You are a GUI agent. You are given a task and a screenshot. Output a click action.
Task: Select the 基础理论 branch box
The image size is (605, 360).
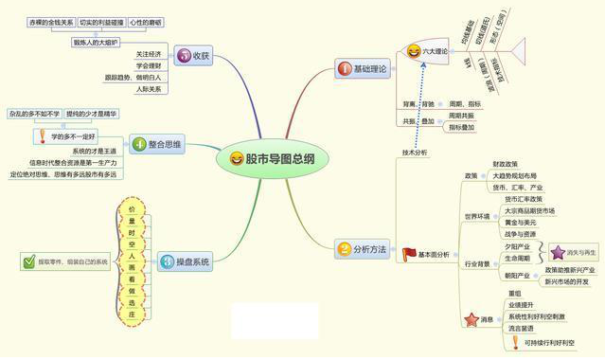coord(362,69)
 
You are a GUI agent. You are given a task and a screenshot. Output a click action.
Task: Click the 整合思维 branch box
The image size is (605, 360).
coord(159,145)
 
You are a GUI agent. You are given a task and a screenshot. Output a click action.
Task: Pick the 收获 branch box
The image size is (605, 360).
coord(193,56)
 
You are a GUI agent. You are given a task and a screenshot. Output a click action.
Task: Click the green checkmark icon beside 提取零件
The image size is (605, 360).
coord(29,261)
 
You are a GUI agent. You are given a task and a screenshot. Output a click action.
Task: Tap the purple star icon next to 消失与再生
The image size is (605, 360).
coord(558,253)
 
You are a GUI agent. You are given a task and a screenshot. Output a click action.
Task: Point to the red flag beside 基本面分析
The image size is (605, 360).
coord(408,254)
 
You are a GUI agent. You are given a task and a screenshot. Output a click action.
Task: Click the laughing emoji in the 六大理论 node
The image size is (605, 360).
coord(414,51)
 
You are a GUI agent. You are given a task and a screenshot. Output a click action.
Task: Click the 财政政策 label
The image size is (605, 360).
coord(505,165)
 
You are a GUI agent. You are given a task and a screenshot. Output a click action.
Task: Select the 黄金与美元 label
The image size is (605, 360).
coord(522,223)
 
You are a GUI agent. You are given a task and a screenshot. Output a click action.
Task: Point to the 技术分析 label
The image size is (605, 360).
coord(415,151)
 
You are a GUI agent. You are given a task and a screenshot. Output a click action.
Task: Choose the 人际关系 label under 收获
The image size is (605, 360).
coord(148,89)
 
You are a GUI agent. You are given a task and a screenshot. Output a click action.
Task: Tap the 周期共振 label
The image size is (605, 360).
coord(462,115)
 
